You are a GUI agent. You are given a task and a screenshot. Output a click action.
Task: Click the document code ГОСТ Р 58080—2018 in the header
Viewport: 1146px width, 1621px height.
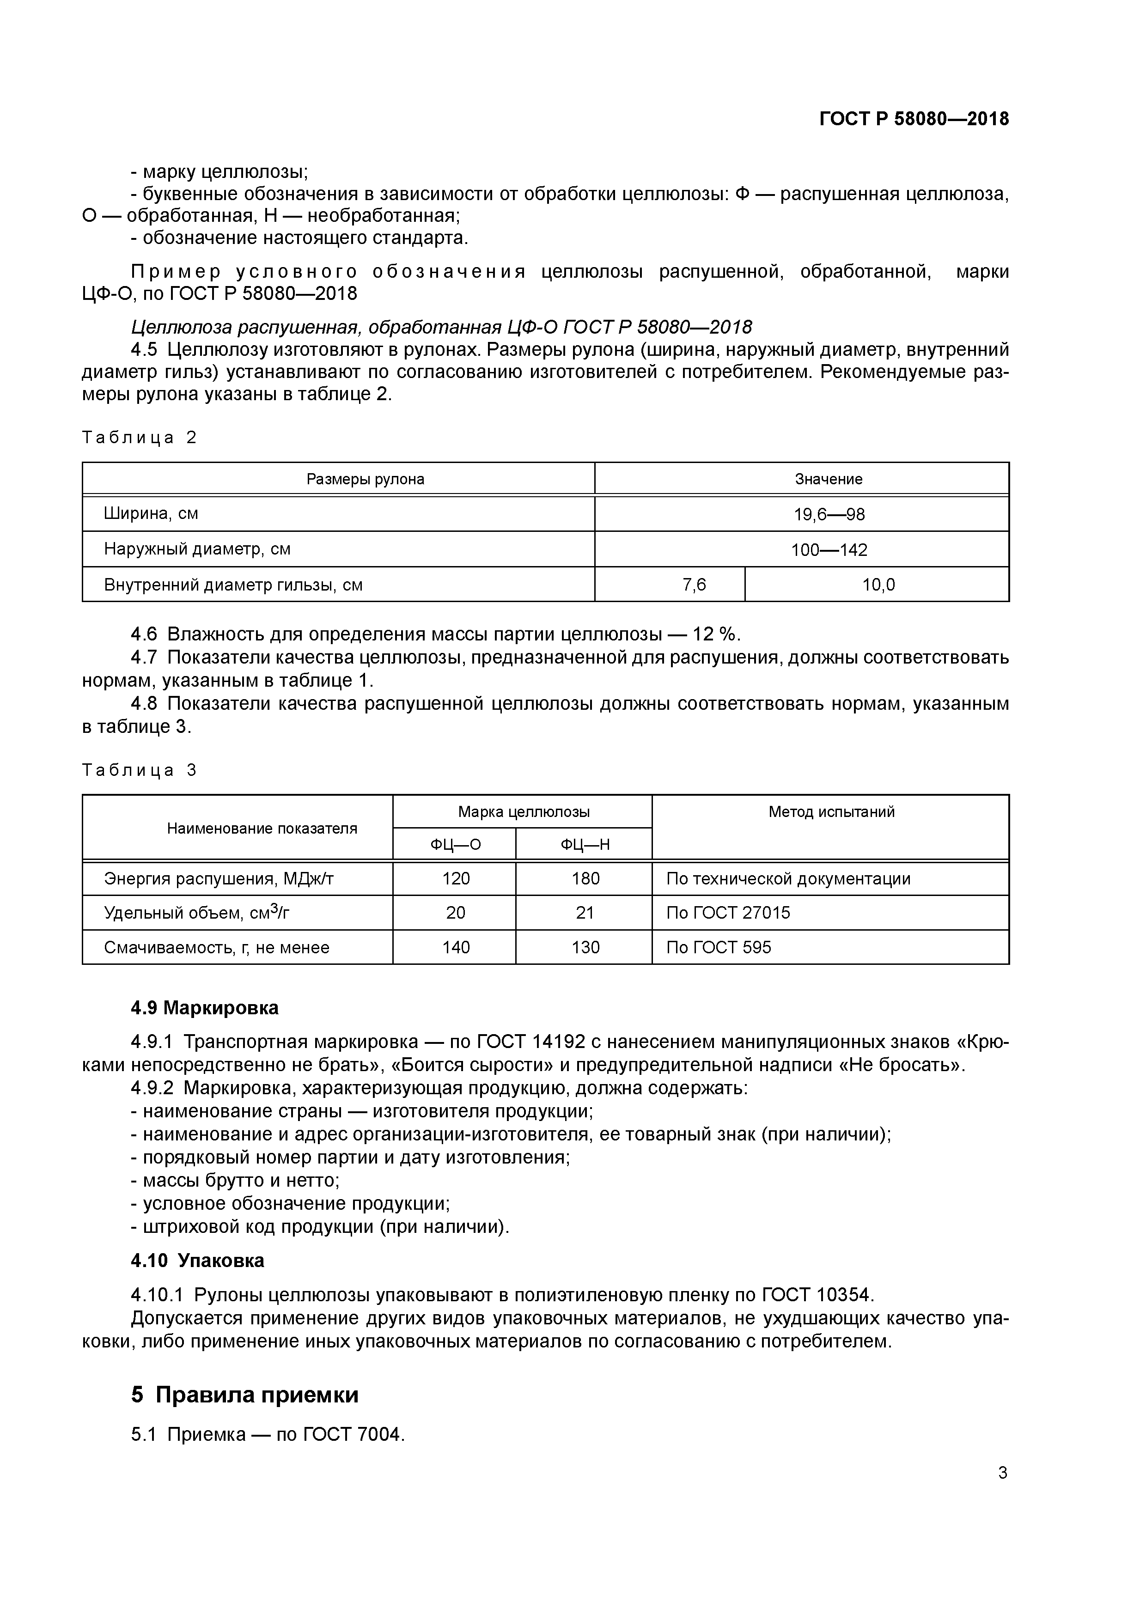[914, 119]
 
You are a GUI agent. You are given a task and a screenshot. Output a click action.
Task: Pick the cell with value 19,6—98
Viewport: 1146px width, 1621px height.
[829, 514]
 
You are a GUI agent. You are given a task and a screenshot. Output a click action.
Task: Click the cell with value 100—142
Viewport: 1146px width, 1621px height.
[829, 549]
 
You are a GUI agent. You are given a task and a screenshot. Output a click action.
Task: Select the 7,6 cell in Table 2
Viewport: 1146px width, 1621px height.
[694, 585]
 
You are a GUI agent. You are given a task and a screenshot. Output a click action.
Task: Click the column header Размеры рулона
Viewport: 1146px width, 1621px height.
[365, 479]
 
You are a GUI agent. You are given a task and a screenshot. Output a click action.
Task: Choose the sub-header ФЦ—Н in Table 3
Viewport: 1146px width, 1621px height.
[585, 844]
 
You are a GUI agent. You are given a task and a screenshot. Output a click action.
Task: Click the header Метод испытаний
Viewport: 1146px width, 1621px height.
[831, 812]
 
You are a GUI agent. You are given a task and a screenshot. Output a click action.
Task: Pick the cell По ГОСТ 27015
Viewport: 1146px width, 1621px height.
[728, 913]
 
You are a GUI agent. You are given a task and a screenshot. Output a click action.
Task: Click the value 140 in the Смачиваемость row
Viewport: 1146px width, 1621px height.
[456, 947]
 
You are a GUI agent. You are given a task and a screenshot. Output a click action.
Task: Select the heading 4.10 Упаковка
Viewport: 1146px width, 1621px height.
[198, 1260]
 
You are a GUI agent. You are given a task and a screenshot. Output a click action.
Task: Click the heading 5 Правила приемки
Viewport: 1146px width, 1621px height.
[245, 1395]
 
